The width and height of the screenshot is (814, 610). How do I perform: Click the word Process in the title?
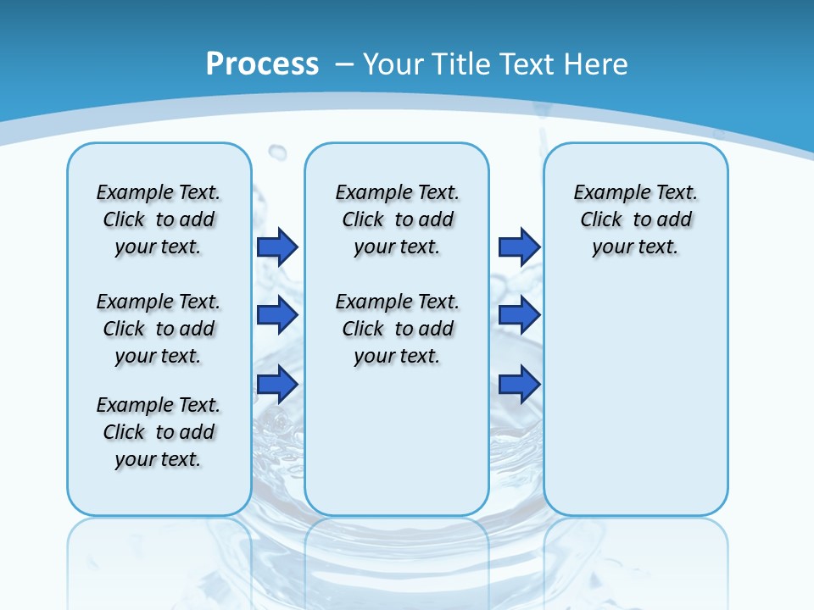point(262,64)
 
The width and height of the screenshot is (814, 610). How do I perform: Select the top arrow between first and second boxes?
point(277,247)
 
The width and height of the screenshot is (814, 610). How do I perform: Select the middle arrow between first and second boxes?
point(277,315)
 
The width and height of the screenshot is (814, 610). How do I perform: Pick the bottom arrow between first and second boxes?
point(277,384)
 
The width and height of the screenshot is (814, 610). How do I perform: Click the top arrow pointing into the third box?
point(519,247)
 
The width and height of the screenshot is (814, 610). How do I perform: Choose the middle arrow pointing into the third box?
point(519,315)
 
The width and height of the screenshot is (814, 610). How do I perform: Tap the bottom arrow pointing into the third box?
point(519,384)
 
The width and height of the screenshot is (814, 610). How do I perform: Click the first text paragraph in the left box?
point(159,219)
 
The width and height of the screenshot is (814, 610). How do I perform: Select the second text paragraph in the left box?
point(159,329)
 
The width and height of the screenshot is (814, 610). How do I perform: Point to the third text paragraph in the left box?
point(159,432)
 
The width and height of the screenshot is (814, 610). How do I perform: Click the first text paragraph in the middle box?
point(397,219)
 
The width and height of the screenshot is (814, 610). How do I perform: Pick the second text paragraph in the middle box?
point(397,329)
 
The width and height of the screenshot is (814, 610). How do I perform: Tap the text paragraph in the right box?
point(635,219)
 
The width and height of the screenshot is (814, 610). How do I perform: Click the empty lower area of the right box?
point(635,407)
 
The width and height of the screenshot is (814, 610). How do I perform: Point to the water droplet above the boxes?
point(277,152)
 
